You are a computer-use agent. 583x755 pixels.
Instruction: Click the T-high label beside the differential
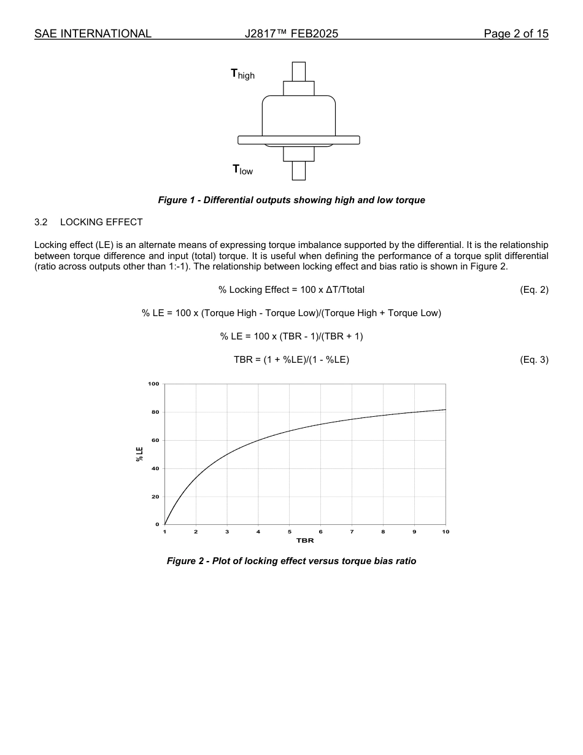pyautogui.click(x=242, y=74)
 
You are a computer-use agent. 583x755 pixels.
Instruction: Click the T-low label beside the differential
pyautogui.click(x=242, y=169)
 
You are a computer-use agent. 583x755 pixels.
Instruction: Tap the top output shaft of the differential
pyautogui.click(x=299, y=71)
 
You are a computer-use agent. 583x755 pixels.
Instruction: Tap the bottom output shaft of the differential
pyautogui.click(x=299, y=170)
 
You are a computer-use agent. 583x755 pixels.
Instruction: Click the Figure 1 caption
pyautogui.click(x=291, y=200)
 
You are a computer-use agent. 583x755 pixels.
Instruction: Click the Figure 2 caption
pyautogui.click(x=291, y=561)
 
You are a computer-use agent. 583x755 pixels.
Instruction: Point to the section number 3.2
pyautogui.click(x=41, y=222)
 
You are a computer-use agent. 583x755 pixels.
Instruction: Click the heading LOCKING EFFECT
pyautogui.click(x=101, y=222)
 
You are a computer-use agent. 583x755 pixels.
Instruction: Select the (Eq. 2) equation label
pyautogui.click(x=533, y=290)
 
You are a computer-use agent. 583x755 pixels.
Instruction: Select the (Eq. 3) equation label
pyautogui.click(x=533, y=360)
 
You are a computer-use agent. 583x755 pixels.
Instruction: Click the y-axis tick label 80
pyautogui.click(x=155, y=412)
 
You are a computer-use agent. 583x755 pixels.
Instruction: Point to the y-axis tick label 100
pyautogui.click(x=153, y=384)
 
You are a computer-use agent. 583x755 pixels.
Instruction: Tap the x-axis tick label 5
pyautogui.click(x=290, y=532)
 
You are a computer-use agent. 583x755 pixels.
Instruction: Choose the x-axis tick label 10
pyautogui.click(x=446, y=532)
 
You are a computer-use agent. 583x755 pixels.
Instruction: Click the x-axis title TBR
pyautogui.click(x=305, y=541)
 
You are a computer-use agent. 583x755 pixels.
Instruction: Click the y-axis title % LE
pyautogui.click(x=140, y=454)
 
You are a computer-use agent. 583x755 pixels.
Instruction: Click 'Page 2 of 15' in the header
pyautogui.click(x=515, y=34)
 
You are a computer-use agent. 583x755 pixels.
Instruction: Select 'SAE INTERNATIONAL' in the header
pyautogui.click(x=93, y=34)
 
